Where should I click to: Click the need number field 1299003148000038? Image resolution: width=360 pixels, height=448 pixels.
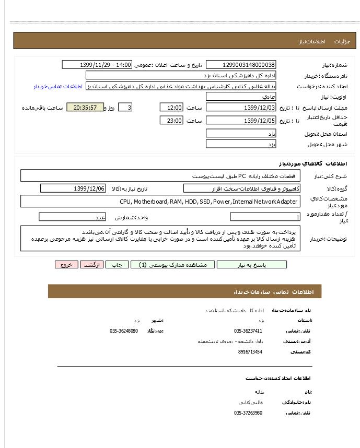pos(241,65)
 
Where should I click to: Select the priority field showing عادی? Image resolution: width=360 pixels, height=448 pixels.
pos(241,97)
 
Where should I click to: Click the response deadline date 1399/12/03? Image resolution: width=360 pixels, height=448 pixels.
pos(241,108)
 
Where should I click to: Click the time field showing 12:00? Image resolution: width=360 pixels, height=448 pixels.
pos(171,108)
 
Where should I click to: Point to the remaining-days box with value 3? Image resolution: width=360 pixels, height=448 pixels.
pos(125,108)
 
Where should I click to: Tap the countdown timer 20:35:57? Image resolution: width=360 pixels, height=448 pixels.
pos(85,108)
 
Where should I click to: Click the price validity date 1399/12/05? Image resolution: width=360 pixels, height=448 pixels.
pos(241,121)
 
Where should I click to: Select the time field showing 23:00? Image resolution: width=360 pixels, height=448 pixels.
pos(171,121)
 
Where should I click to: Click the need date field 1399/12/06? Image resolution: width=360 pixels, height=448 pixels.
pos(73,188)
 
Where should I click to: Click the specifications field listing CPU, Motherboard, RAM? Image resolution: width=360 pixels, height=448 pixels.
pos(160,202)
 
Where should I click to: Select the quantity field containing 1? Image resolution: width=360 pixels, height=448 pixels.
pos(265,217)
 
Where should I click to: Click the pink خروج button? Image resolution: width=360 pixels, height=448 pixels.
pos(66,265)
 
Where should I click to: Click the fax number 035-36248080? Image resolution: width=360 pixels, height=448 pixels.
pos(124,331)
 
